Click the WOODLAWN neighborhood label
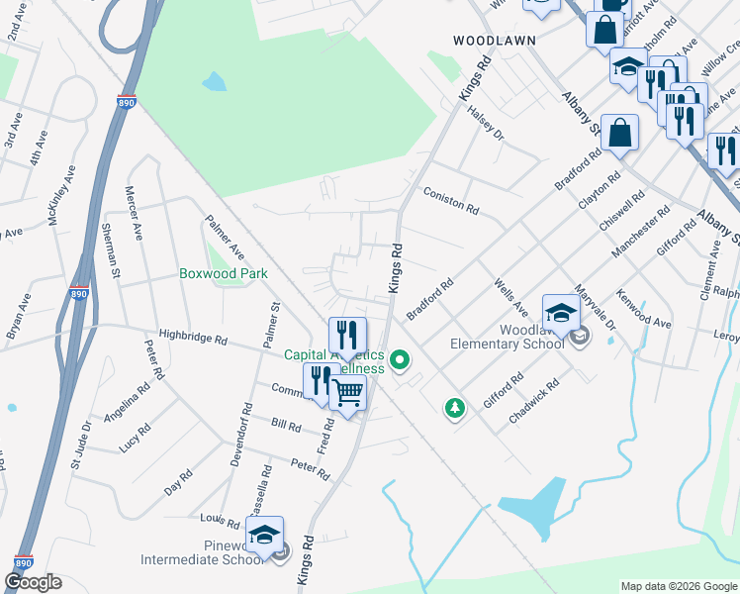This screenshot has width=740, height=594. click(494, 41)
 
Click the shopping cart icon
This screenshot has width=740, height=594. click(348, 393)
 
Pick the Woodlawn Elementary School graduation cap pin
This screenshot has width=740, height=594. click(561, 313)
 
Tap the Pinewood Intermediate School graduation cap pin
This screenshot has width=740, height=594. click(264, 535)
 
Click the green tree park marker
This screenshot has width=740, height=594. click(454, 407)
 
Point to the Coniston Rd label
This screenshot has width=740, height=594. click(451, 201)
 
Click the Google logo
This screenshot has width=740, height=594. click(32, 582)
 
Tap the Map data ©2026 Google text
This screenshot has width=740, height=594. click(678, 586)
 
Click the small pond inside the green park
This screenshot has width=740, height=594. click(214, 81)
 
